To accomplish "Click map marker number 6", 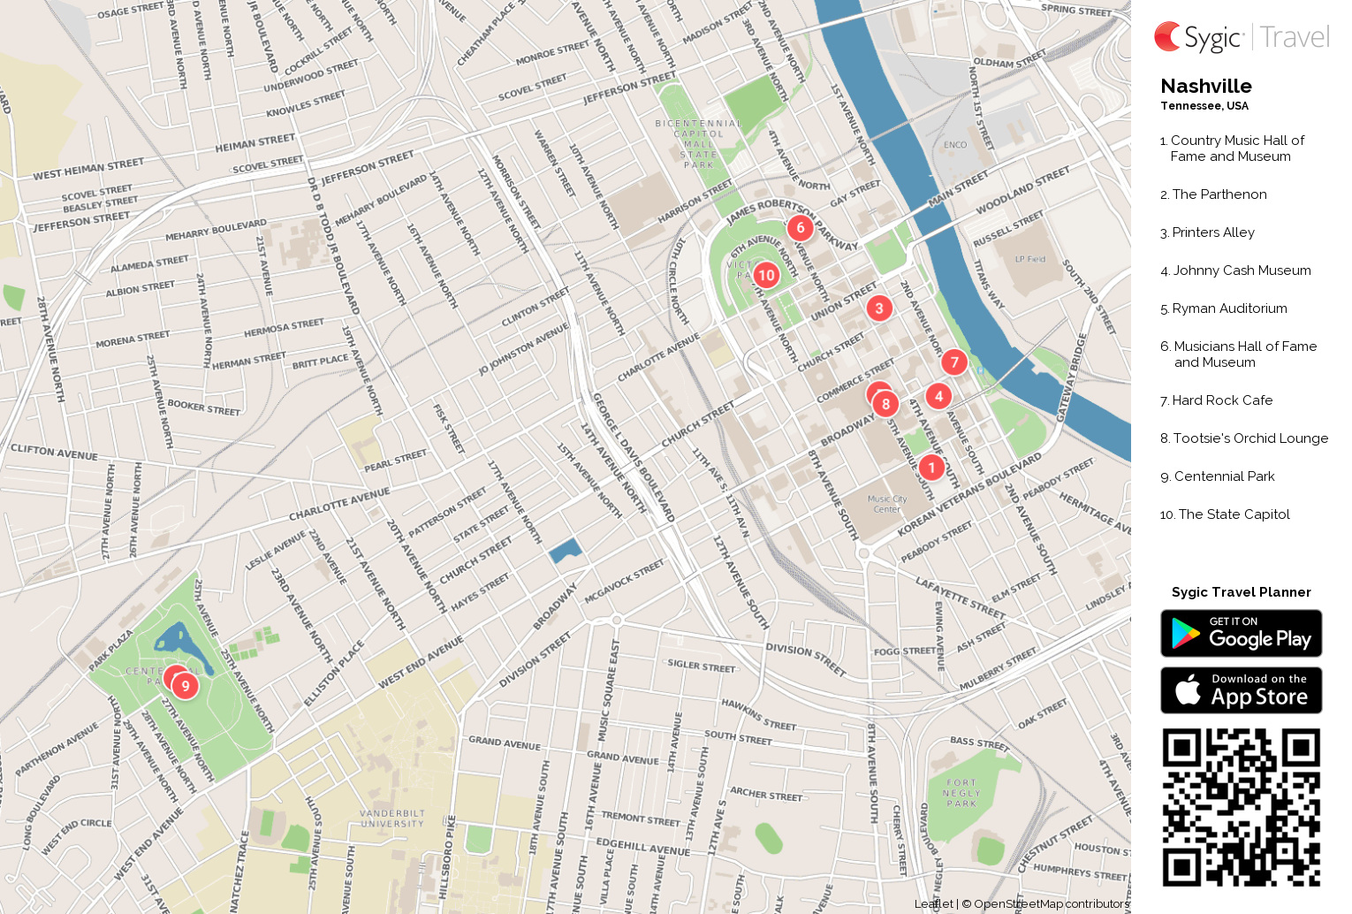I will [801, 228].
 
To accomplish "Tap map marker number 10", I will [766, 275].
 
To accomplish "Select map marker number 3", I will [878, 308].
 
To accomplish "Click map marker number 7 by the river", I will [954, 362].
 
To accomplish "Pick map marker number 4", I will [938, 397].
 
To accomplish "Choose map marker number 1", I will [931, 468].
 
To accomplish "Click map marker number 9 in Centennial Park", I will [185, 686].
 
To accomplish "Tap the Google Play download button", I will [1241, 634].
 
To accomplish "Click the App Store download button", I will [1241, 690].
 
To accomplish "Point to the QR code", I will [1241, 807].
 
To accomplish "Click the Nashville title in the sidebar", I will [1205, 87].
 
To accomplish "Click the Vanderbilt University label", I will [392, 819].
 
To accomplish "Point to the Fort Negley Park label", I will [961, 793].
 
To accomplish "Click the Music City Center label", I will [887, 504].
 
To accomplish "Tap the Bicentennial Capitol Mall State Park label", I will [698, 144].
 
